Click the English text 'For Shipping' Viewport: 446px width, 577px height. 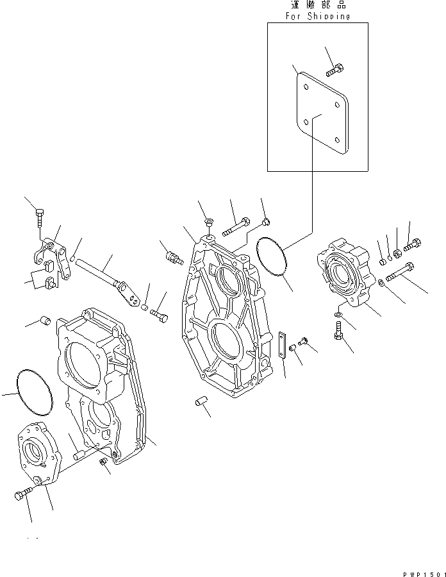[318, 17]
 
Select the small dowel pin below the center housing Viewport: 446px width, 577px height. [201, 402]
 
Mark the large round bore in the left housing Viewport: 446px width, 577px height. [82, 365]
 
